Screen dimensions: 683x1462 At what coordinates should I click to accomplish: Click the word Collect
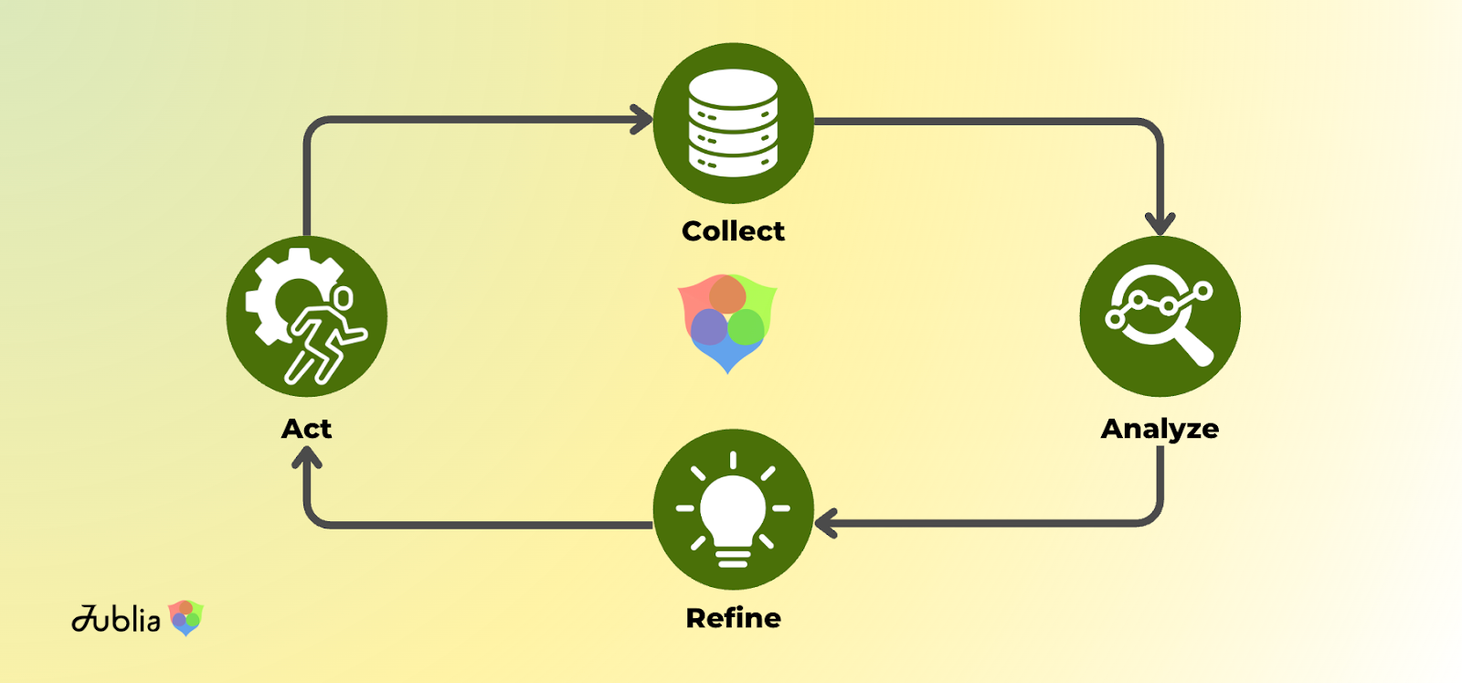(733, 231)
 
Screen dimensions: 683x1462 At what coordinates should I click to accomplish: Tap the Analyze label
(1160, 429)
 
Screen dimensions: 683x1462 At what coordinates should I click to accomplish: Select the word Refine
(733, 618)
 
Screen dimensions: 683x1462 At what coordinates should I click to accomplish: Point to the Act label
(306, 429)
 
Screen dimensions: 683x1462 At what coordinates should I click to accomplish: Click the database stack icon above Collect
(733, 123)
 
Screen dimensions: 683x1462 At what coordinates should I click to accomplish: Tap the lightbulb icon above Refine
(733, 508)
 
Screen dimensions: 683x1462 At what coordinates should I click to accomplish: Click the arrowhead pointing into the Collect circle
(643, 120)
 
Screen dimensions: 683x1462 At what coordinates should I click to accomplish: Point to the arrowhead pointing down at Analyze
(1160, 223)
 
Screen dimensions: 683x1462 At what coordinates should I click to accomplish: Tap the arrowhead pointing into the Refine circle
(825, 524)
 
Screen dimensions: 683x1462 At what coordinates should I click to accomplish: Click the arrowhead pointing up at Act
(306, 457)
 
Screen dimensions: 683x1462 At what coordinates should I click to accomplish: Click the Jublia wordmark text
(116, 619)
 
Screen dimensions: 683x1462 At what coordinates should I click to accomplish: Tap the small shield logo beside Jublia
(186, 618)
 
